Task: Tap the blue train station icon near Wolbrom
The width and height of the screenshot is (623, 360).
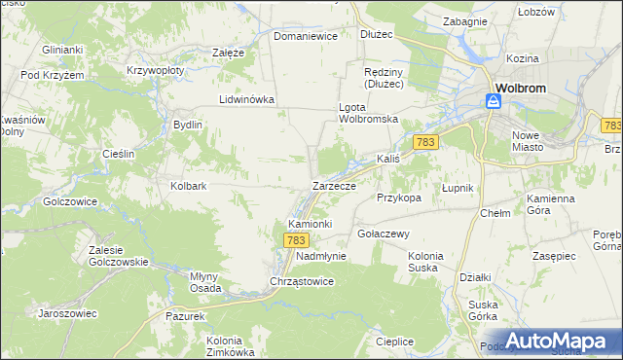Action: [494, 100]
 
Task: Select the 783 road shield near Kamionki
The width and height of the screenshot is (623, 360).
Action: [297, 239]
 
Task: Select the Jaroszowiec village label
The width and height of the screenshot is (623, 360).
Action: [67, 313]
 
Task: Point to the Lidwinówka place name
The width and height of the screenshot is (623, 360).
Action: [247, 99]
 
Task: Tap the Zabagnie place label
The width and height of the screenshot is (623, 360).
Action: [464, 20]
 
